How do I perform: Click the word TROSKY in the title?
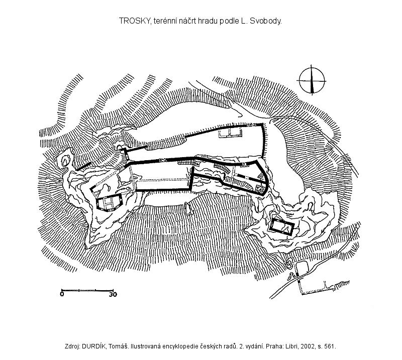point(134,21)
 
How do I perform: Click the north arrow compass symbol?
point(312,80)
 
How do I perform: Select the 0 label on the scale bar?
point(62,294)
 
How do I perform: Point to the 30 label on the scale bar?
point(113,294)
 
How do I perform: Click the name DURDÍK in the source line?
point(94,346)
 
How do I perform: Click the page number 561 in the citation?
point(330,346)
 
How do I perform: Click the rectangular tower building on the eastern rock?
point(282,226)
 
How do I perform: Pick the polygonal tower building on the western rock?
point(109,202)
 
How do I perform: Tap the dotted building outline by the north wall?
point(231,132)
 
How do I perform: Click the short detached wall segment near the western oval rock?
point(83,166)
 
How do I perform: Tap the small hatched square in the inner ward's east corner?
point(260,188)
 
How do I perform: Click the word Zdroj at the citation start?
point(73,346)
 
